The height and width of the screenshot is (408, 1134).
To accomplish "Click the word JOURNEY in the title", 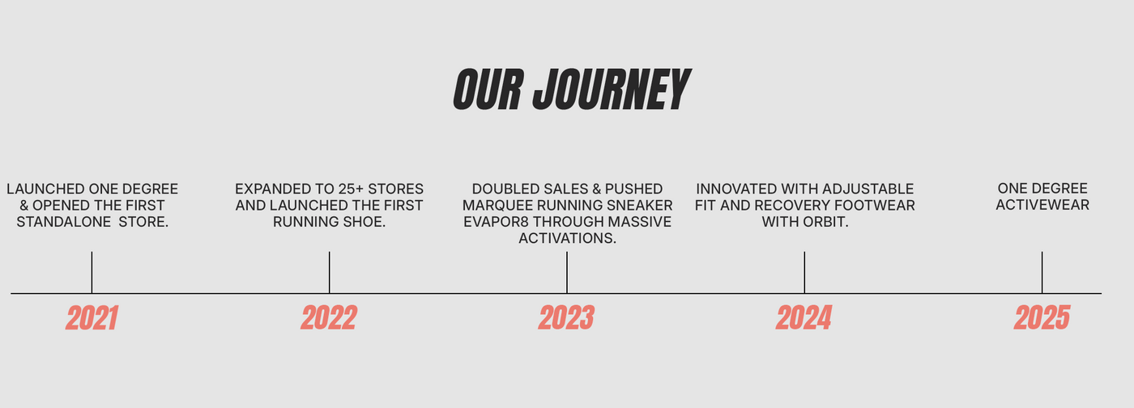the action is (612, 90).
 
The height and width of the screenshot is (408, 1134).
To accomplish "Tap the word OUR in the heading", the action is (488, 90).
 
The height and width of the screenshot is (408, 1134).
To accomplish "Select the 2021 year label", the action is (92, 318).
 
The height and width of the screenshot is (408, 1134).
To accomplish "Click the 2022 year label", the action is (329, 318).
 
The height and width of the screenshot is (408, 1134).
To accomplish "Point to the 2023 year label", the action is (566, 318).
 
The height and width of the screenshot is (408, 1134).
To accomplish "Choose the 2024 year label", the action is (804, 318).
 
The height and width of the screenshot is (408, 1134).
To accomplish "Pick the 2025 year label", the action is (1042, 318).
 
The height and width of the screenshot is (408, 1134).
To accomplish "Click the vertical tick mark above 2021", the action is (92, 272).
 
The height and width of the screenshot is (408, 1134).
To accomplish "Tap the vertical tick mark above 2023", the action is (567, 272).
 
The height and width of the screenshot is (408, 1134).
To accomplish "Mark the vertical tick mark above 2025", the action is (1042, 272).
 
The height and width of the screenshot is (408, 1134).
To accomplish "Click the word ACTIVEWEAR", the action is (1042, 205).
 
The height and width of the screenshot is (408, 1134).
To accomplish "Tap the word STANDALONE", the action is (64, 222).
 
